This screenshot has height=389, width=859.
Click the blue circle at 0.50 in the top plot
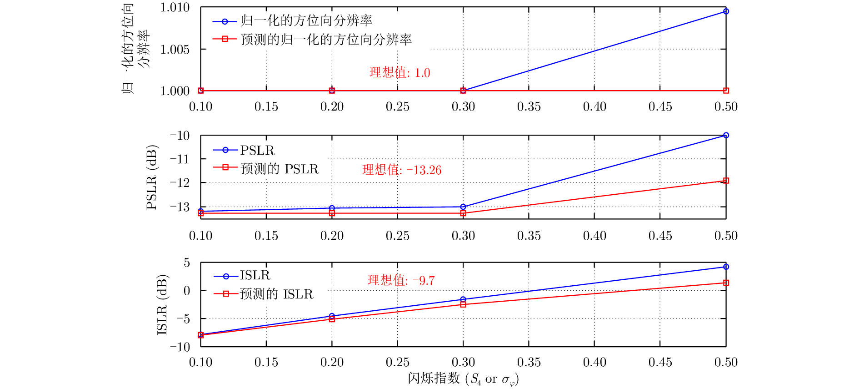(726, 11)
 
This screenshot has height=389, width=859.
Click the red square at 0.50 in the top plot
(726, 91)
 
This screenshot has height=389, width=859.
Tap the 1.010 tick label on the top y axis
(175, 7)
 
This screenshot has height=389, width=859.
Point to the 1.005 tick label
(175, 49)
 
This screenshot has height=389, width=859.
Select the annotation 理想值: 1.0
(400, 73)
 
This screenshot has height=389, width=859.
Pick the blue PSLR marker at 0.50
(726, 135)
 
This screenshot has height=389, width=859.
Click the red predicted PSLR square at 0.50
(726, 181)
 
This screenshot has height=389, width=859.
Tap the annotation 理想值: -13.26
(401, 170)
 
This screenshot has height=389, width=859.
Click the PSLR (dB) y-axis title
(151, 177)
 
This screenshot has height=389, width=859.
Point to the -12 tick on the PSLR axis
(180, 183)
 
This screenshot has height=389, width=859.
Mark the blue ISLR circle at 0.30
(463, 299)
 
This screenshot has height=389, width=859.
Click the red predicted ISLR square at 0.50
(726, 283)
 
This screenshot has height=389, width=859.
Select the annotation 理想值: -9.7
(401, 280)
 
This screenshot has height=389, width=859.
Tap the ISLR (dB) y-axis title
(162, 304)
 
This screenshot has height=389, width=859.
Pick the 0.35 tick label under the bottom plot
(529, 362)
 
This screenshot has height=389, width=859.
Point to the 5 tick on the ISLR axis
(187, 263)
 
